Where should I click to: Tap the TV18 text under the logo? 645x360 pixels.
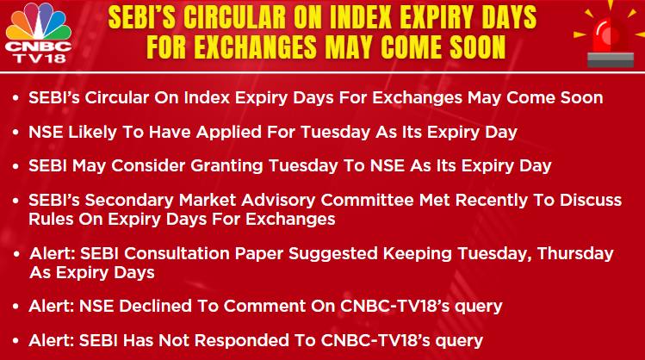pyautogui.click(x=40, y=58)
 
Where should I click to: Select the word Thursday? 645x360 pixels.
pyautogui.click(x=575, y=253)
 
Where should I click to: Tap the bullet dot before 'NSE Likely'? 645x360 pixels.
pyautogui.click(x=16, y=133)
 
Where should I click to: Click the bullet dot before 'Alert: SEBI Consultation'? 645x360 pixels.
pyautogui.click(x=16, y=254)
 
